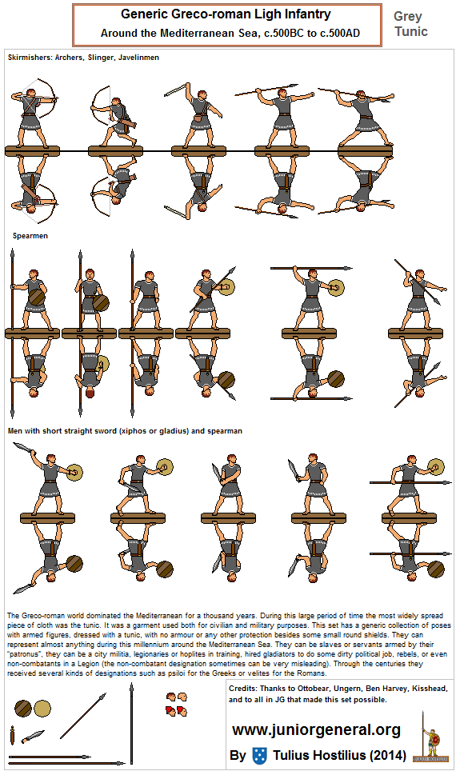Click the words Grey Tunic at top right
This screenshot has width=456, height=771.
(410, 24)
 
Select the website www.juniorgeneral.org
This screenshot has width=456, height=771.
(316, 729)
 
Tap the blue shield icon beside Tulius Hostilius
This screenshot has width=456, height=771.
(258, 755)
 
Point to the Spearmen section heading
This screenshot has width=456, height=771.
(30, 236)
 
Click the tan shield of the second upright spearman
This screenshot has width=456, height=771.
(102, 303)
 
